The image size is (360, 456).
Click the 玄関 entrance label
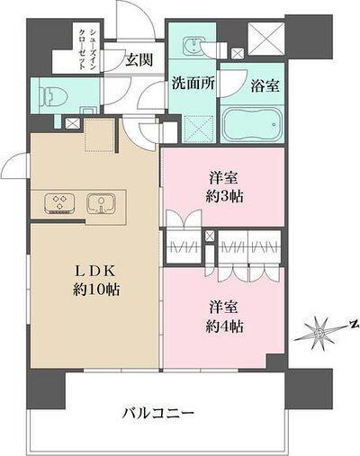click(x=138, y=59)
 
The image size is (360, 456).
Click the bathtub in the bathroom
click(x=252, y=125)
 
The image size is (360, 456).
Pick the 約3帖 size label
click(x=222, y=196)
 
